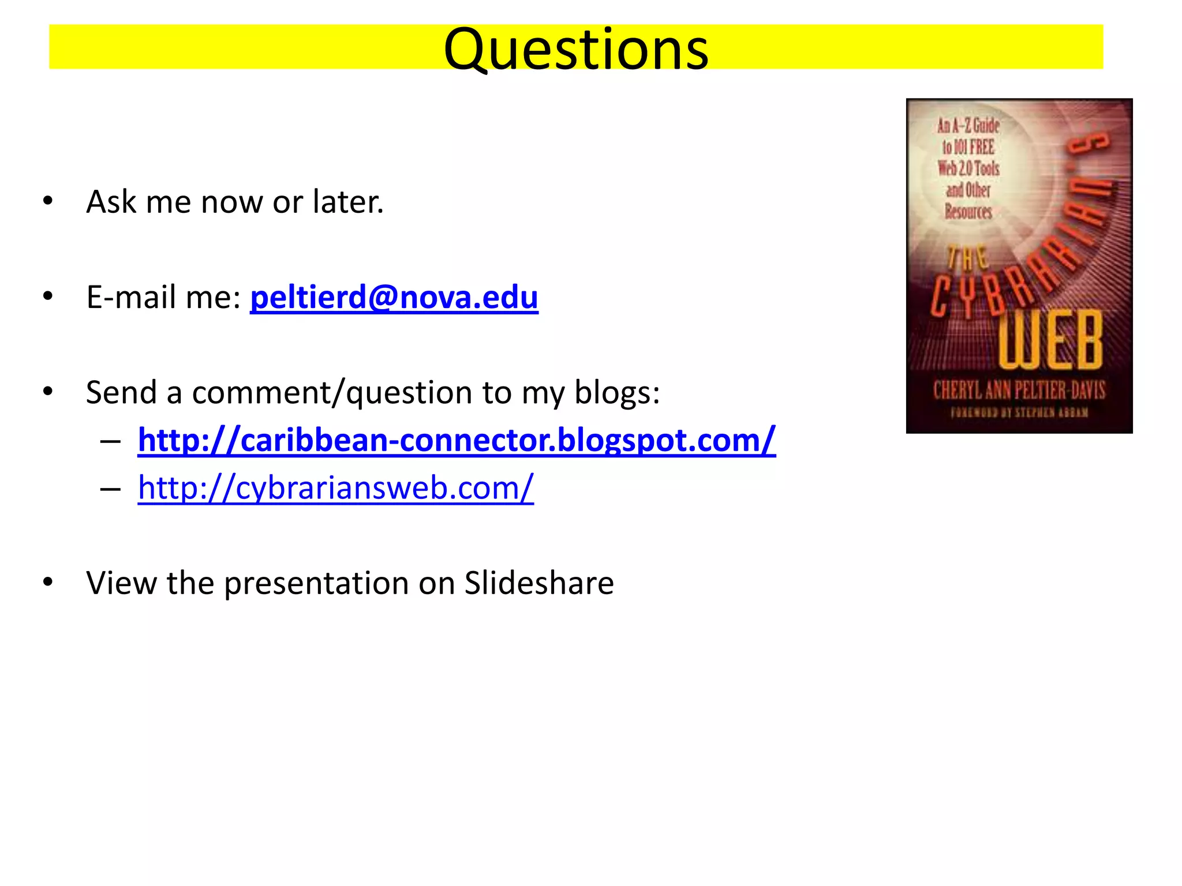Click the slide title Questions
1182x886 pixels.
click(576, 50)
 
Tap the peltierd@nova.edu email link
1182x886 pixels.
click(394, 298)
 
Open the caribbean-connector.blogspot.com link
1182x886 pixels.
click(456, 441)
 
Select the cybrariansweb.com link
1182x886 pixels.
click(335, 488)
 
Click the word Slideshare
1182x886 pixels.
click(539, 583)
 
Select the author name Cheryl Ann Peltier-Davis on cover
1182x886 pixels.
click(1019, 391)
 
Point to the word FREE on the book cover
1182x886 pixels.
click(982, 147)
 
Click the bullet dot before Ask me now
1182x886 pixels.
click(48, 201)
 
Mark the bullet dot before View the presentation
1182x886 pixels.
click(48, 582)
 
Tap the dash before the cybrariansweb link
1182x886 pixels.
click(110, 489)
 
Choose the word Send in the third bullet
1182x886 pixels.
click(121, 393)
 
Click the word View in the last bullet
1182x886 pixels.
click(121, 583)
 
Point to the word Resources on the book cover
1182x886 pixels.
click(968, 212)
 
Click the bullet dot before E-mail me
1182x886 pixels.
click(48, 296)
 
